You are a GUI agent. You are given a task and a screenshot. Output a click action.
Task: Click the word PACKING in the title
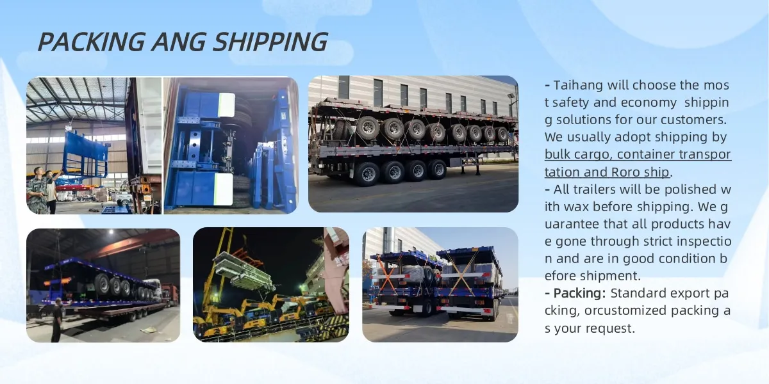click(91, 42)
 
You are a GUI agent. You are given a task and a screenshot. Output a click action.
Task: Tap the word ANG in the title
click(179, 42)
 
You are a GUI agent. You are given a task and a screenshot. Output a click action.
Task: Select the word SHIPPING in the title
click(270, 42)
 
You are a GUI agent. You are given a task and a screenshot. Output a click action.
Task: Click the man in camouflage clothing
click(37, 189)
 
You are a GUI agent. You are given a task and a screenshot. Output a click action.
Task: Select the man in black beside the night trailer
click(57, 319)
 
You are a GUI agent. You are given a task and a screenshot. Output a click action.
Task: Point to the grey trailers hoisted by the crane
click(242, 271)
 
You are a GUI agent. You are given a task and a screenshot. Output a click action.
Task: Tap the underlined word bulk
click(558, 154)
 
